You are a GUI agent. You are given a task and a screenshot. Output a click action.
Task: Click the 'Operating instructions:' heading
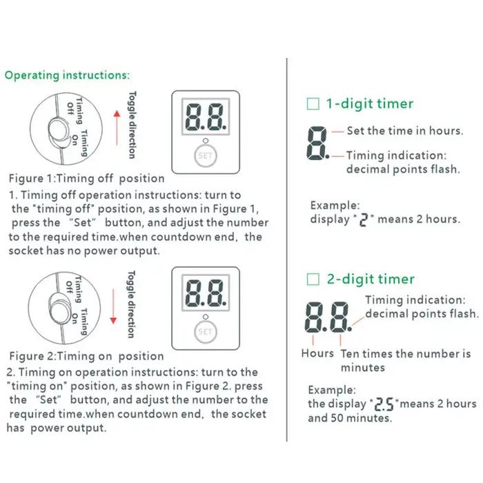(x=68, y=75)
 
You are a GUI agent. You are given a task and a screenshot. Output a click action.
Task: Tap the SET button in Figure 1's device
(x=206, y=156)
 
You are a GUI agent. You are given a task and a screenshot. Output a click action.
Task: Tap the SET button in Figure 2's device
(x=206, y=332)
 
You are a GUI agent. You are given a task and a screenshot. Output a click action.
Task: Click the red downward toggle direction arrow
(x=113, y=306)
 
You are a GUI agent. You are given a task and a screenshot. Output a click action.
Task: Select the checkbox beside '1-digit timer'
(x=313, y=103)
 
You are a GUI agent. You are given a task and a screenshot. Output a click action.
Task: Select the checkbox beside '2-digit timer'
(x=313, y=279)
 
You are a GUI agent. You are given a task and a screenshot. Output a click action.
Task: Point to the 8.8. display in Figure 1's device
(x=206, y=117)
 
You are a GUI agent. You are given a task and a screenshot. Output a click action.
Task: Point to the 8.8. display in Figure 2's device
(x=206, y=293)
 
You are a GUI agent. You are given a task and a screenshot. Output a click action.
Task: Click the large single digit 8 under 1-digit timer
(x=317, y=143)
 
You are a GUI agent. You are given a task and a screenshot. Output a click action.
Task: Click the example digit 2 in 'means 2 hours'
(x=364, y=220)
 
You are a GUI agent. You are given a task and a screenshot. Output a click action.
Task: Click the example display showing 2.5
(x=384, y=404)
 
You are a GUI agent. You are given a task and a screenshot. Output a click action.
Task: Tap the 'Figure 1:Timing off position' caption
(x=86, y=179)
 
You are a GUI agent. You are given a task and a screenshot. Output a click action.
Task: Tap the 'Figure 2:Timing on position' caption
(x=86, y=356)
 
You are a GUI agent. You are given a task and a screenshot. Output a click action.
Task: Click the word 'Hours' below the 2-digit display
(x=317, y=353)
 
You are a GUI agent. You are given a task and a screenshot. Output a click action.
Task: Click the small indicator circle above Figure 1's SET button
(x=206, y=141)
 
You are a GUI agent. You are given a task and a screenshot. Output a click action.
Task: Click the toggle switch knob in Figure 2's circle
(x=61, y=309)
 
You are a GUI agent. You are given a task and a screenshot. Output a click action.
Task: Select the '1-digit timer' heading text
(x=370, y=103)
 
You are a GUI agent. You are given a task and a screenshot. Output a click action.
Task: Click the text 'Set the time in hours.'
(x=405, y=131)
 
